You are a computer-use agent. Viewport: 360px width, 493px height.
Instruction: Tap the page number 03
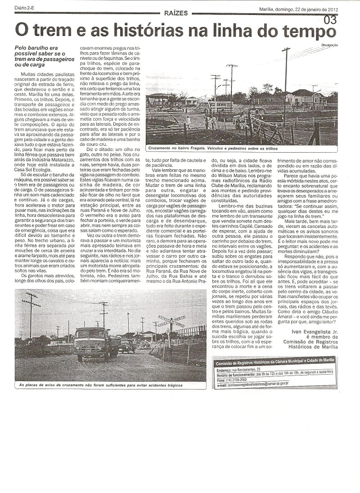point(330,20)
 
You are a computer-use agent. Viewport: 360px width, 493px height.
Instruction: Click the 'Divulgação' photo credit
point(330,44)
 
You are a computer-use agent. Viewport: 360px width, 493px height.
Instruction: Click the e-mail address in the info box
point(264,384)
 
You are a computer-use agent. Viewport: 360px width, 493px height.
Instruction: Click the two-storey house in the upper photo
point(301,97)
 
